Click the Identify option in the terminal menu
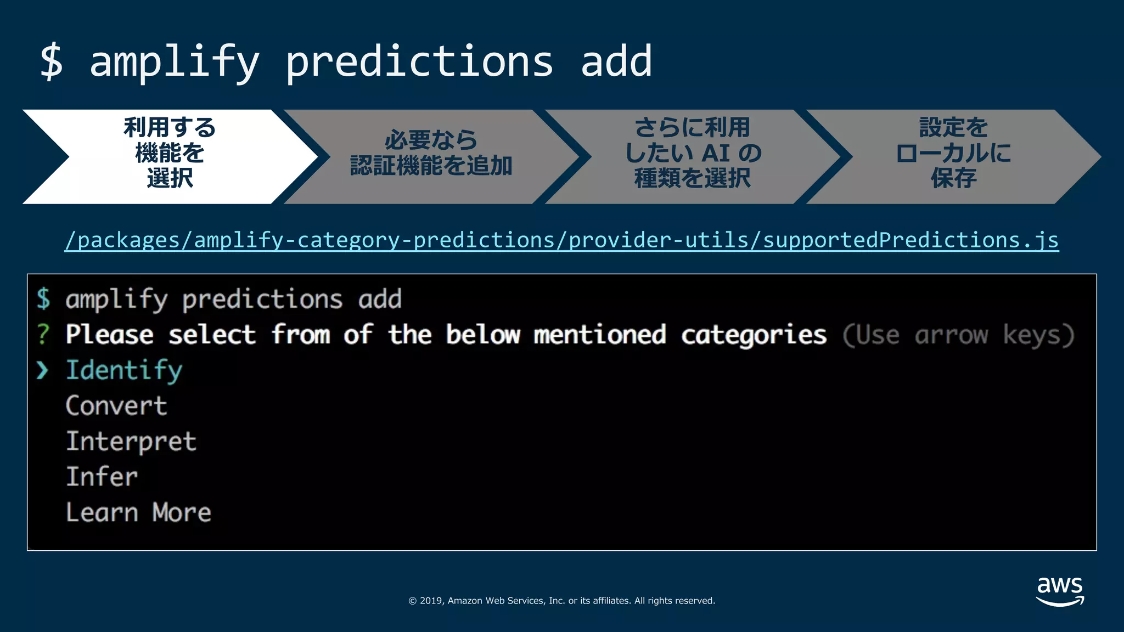124,370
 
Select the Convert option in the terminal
116,406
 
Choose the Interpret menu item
131,442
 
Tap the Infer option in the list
102,477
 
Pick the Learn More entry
138,512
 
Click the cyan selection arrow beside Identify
42,371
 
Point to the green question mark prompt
43,335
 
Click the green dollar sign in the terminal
43,299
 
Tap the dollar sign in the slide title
52,61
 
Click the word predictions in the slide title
419,61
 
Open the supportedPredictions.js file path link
561,240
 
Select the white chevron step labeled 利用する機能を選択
170,153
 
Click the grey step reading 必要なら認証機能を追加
431,153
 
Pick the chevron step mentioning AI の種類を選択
693,153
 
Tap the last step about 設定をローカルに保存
953,153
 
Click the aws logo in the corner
1060,591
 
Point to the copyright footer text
561,601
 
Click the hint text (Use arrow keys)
958,335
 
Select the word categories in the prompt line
754,335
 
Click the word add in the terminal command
380,300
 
